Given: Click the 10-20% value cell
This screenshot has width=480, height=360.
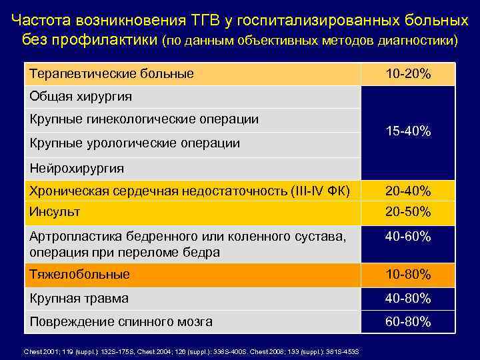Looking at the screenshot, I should tap(408, 74).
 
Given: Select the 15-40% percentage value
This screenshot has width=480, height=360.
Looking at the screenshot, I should tap(408, 131).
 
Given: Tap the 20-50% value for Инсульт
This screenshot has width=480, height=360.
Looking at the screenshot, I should tap(408, 212).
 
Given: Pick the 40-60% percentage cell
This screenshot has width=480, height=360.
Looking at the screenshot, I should tap(408, 237).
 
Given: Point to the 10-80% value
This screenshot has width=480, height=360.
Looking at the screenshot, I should tap(408, 274).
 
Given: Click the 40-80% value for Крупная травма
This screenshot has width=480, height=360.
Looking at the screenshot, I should tap(408, 298).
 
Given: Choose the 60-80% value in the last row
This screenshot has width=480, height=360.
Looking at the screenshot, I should tap(408, 322).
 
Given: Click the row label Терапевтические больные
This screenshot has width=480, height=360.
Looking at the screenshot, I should tap(111, 73).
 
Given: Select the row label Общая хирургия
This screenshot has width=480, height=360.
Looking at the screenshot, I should tap(81, 97).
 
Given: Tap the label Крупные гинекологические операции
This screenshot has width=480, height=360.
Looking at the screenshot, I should tap(144, 119).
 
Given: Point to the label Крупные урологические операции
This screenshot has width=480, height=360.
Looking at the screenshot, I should tap(135, 143).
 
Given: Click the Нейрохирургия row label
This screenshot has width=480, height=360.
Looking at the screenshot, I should tap(77, 168).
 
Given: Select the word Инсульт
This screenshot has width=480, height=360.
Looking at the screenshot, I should tap(55, 212).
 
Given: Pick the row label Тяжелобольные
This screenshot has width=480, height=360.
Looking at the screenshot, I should tap(79, 274).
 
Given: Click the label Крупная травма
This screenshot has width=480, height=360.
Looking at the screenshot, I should tap(79, 298).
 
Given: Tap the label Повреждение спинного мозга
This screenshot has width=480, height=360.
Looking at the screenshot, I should tap(121, 322).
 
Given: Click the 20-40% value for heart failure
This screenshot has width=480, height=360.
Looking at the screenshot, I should tap(408, 191).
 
